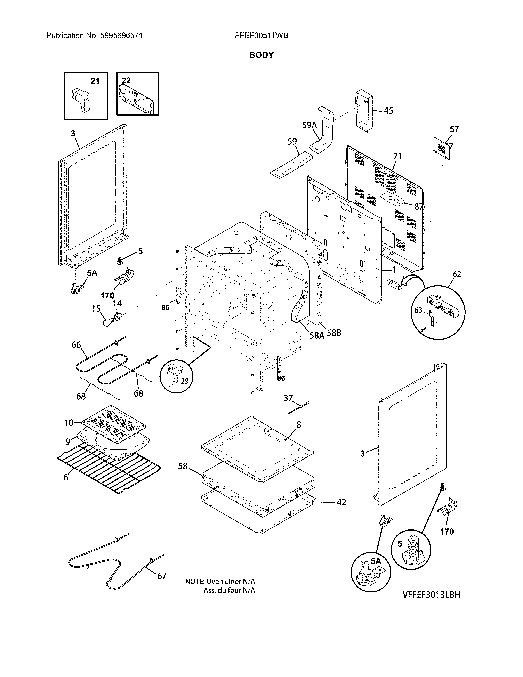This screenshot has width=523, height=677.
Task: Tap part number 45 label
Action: click(x=388, y=111)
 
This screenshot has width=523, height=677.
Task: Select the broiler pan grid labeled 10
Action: click(x=113, y=423)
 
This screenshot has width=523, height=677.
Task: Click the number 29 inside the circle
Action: click(x=185, y=381)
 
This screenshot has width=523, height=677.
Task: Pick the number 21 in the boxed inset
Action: click(x=95, y=81)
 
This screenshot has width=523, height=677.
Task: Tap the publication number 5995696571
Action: click(x=121, y=36)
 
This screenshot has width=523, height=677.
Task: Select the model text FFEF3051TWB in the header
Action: click(x=261, y=36)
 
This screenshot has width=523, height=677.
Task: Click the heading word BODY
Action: click(x=261, y=55)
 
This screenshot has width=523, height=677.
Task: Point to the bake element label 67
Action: click(x=162, y=576)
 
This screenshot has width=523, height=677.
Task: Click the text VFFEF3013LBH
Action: click(x=431, y=595)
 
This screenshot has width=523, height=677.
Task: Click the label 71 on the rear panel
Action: click(x=397, y=156)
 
